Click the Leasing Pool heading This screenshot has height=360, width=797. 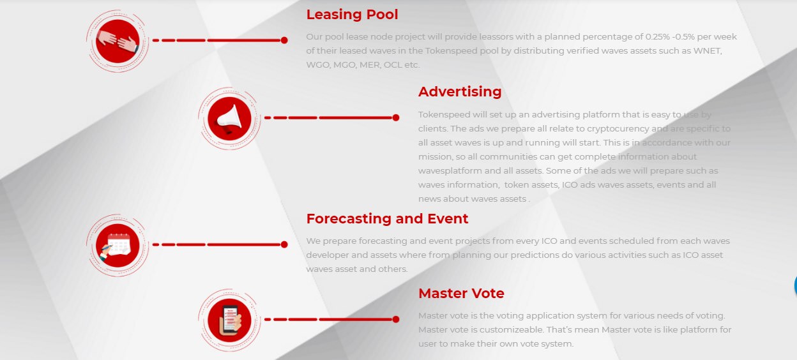352,15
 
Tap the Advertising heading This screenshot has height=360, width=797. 460,92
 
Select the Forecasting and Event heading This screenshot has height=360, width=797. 387,219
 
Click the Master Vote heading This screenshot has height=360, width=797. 461,294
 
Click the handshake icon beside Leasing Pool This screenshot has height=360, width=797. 118,41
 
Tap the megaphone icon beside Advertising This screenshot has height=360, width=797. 229,119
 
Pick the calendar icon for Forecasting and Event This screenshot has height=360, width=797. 118,246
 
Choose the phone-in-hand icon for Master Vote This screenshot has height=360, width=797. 229,320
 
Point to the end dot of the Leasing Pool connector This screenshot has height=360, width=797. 284,40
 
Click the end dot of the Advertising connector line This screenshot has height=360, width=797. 396,117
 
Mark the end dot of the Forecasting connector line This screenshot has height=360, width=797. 284,244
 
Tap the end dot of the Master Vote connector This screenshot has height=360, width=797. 396,319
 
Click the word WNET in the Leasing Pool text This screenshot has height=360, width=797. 708,51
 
